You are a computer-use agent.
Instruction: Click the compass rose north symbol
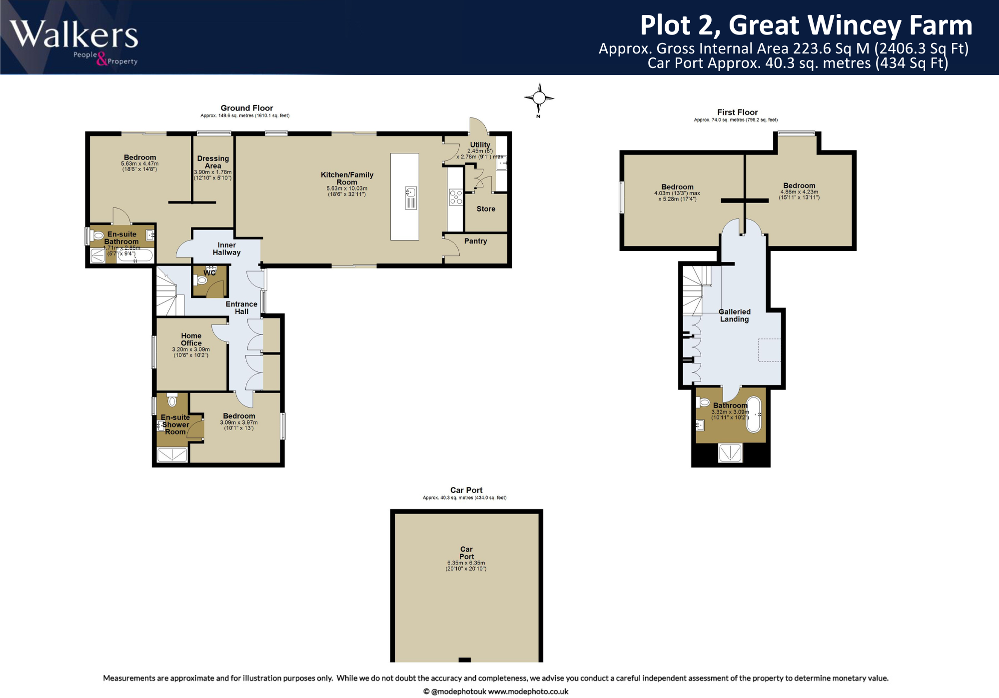pyautogui.click(x=539, y=98)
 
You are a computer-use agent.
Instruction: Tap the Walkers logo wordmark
pyautogui.click(x=74, y=35)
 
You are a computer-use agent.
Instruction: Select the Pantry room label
pyautogui.click(x=475, y=241)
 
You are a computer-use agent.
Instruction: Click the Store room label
pyautogui.click(x=486, y=209)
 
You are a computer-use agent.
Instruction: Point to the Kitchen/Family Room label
pyautogui.click(x=347, y=178)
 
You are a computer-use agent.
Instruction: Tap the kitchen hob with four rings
pyautogui.click(x=456, y=196)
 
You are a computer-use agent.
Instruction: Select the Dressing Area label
pyautogui.click(x=213, y=162)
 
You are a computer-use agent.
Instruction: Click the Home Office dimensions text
pyautogui.click(x=191, y=352)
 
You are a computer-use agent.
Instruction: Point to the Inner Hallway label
pyautogui.click(x=226, y=248)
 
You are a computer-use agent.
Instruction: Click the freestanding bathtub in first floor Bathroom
pyautogui.click(x=754, y=414)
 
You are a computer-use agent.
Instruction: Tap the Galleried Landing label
pyautogui.click(x=734, y=315)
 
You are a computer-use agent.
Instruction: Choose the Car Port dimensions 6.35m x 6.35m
pyautogui.click(x=466, y=563)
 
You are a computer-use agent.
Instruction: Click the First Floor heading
pyautogui.click(x=737, y=112)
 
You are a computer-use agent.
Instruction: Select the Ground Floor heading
pyautogui.click(x=247, y=108)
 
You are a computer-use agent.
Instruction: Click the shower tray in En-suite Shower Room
pyautogui.click(x=172, y=454)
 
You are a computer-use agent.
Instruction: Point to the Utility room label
pyautogui.click(x=480, y=144)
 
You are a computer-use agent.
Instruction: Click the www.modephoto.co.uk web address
pyautogui.click(x=528, y=691)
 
